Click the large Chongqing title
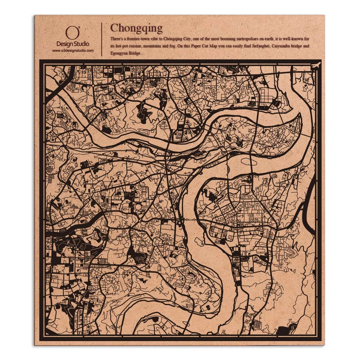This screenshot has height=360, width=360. coord(136,28)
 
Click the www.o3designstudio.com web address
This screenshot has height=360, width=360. coord(73,51)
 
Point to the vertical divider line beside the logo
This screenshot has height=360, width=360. coord(102,39)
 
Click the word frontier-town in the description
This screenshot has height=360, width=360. coord(135,39)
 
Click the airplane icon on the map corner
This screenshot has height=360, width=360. coord(316,65)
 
